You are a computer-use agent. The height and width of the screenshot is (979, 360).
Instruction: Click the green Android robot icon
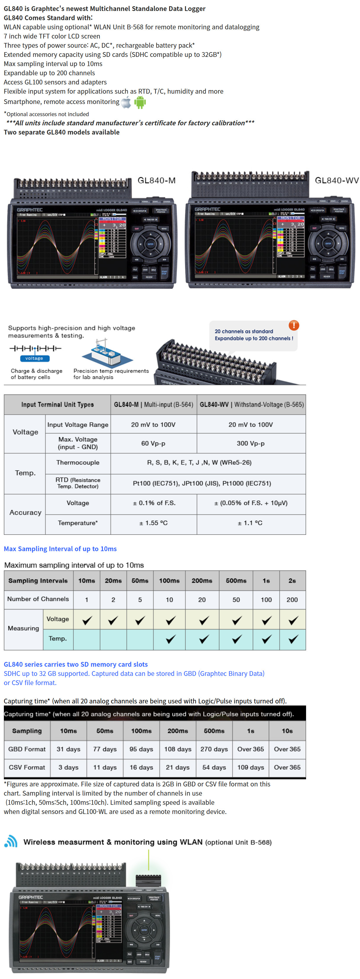pyautogui.click(x=140, y=102)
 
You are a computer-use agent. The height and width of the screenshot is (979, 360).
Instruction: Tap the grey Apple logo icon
pyautogui.click(x=126, y=102)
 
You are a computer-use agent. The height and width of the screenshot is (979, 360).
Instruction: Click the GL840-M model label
pyautogui.click(x=156, y=180)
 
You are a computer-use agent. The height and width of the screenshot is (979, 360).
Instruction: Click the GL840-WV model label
pyautogui.click(x=336, y=180)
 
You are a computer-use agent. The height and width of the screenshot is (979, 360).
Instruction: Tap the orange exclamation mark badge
pyautogui.click(x=293, y=325)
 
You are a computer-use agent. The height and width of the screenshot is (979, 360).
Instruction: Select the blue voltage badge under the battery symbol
pyautogui.click(x=35, y=359)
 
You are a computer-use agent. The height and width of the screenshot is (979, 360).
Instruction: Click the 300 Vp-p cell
pyautogui.click(x=250, y=443)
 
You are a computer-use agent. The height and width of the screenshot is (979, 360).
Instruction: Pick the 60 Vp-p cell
pyautogui.click(x=153, y=443)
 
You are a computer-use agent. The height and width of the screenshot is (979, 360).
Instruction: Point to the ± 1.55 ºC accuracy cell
pyautogui.click(x=153, y=523)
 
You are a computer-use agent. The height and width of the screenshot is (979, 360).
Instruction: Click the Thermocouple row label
pyautogui.click(x=78, y=463)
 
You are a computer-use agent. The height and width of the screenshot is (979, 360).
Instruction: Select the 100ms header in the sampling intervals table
pyautogui.click(x=169, y=580)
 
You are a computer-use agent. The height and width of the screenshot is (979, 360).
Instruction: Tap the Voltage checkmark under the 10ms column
pyautogui.click(x=87, y=620)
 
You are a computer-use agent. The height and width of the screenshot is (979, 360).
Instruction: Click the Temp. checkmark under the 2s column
pyautogui.click(x=293, y=639)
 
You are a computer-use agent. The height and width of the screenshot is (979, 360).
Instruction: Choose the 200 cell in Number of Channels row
pyautogui.click(x=292, y=599)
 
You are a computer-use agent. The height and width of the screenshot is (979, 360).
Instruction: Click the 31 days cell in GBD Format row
pyautogui.click(x=68, y=749)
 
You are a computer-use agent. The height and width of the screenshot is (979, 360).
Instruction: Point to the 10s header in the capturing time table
pyautogui.click(x=287, y=730)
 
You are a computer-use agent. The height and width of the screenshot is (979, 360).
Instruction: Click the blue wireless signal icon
pyautogui.click(x=11, y=842)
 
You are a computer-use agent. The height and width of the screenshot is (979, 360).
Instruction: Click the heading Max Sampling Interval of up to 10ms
pyautogui.click(x=60, y=548)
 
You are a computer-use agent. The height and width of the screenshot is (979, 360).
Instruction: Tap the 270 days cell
pyautogui.click(x=214, y=749)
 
